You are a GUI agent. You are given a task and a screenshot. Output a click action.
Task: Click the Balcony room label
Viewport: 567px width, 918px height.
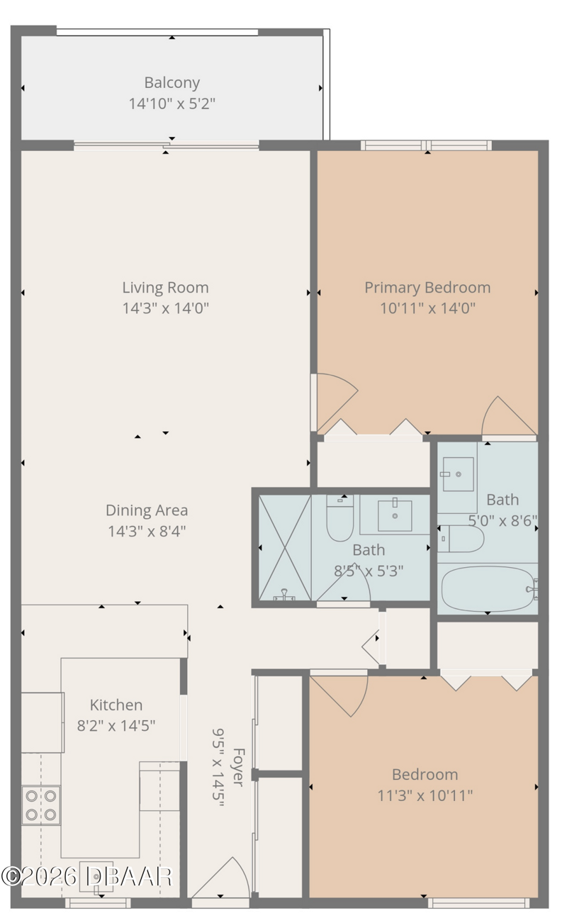click(172, 83)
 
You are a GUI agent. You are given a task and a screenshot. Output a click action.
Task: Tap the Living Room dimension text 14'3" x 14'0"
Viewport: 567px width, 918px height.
click(166, 308)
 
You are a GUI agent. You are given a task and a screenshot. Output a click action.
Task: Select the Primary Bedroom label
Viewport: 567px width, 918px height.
click(427, 288)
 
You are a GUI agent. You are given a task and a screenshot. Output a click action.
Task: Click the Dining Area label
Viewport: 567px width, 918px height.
click(147, 510)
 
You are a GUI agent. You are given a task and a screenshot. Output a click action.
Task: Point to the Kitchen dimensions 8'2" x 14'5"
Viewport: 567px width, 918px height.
click(116, 725)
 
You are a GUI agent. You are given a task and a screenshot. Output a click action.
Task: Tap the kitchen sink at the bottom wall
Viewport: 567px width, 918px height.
click(96, 877)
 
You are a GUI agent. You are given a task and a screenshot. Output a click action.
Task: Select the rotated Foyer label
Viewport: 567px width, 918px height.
click(238, 767)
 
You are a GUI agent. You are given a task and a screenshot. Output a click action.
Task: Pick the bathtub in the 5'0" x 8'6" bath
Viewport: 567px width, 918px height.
click(488, 589)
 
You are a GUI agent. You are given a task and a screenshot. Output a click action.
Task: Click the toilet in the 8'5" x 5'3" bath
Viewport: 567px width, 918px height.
click(340, 518)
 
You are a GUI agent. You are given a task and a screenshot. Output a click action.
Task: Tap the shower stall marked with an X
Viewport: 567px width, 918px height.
click(285, 548)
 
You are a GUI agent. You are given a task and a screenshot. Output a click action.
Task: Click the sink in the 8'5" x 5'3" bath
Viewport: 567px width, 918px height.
click(395, 515)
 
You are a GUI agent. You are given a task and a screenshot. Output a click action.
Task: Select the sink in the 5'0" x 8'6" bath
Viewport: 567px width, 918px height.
click(459, 474)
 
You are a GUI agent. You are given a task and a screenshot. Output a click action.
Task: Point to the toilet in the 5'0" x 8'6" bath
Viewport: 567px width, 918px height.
click(461, 539)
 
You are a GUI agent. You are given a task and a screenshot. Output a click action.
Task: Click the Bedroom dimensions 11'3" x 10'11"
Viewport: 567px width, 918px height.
click(425, 795)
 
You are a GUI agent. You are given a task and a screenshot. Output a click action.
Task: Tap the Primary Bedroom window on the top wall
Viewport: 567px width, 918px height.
click(426, 145)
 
